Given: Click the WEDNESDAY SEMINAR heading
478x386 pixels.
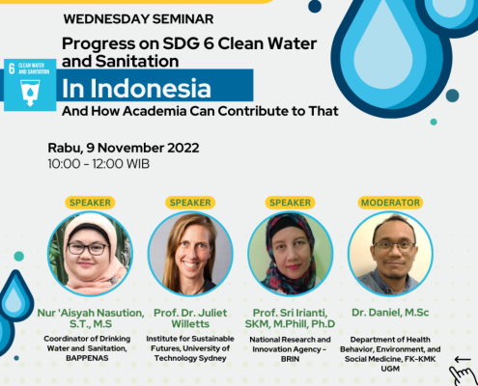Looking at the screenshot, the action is pos(138,19).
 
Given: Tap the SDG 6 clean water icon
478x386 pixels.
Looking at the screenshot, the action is pos(30,85).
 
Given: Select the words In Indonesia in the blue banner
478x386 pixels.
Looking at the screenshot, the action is pos(136,88).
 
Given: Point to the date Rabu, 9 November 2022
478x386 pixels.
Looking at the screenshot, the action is pos(124,148).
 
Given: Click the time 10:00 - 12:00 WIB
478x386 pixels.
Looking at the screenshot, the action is pos(98,164).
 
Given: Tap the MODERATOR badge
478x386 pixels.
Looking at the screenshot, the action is pos(390,203).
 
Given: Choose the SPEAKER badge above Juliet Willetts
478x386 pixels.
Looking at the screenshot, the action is pos(190,203).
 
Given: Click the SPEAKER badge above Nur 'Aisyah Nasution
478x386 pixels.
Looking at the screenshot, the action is pos(90,203).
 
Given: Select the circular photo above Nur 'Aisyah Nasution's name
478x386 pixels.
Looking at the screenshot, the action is pos(91,254).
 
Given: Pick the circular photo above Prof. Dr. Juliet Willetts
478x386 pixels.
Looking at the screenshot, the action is pos(190,254).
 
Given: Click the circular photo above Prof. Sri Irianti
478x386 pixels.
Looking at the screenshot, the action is pos(291,254).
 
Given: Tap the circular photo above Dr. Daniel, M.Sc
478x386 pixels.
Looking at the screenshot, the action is pos(390,254).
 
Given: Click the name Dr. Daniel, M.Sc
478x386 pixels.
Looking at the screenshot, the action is pos(390,313).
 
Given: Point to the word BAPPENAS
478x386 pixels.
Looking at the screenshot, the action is pos(87,358).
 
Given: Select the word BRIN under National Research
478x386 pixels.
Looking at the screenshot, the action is pos(290,359).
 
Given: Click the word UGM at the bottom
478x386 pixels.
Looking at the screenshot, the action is pos(390,369).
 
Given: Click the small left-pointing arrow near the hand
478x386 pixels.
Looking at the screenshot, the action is pos(463,359).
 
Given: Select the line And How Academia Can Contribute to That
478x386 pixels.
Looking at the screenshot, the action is pos(200,111).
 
